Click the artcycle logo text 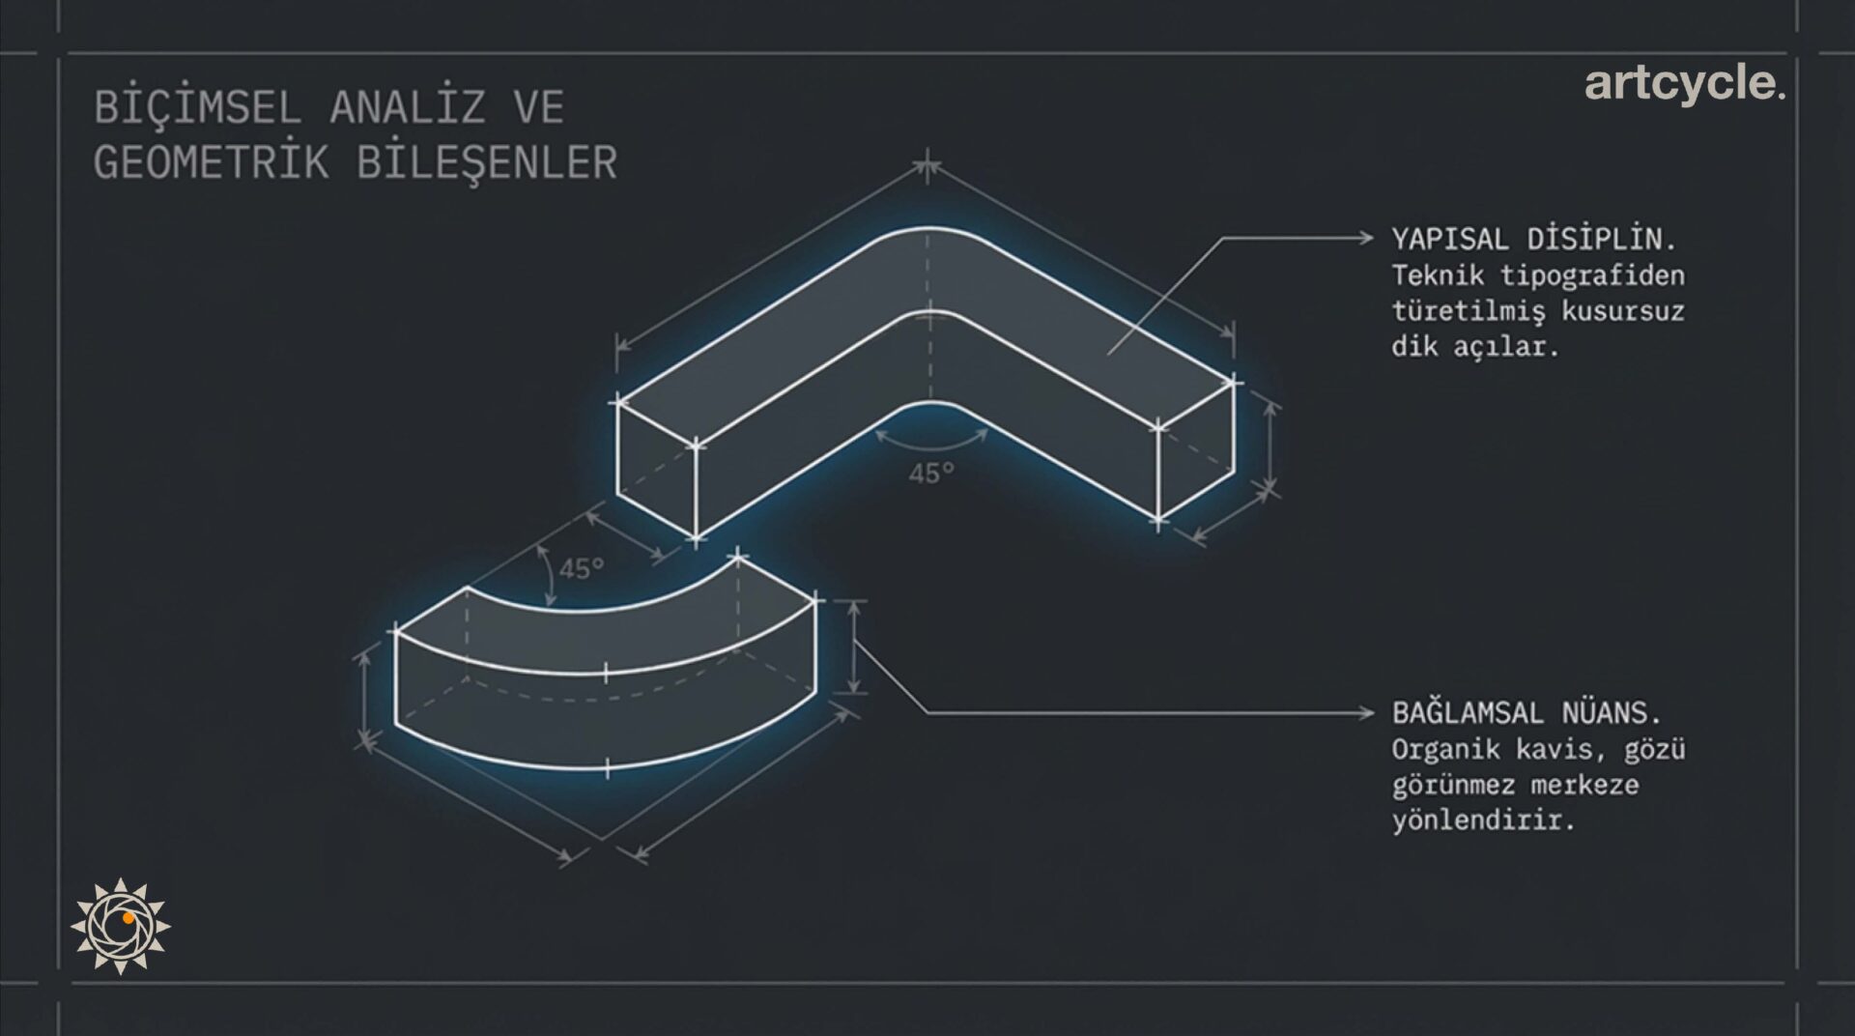point(1684,84)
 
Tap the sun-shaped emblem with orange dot point(121,926)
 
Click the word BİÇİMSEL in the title point(197,106)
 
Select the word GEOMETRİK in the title point(211,162)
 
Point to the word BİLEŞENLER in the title point(487,162)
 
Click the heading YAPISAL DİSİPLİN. point(1534,239)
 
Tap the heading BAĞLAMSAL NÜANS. point(1527,713)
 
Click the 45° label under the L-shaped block point(931,474)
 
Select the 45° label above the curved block point(582,568)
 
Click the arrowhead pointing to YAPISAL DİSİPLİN point(1366,238)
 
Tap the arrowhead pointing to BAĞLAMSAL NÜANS point(1366,713)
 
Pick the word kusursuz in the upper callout point(1623,311)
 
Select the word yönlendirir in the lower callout point(1483,820)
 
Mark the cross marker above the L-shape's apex point(927,165)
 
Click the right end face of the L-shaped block point(1196,450)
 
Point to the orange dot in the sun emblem point(128,918)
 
